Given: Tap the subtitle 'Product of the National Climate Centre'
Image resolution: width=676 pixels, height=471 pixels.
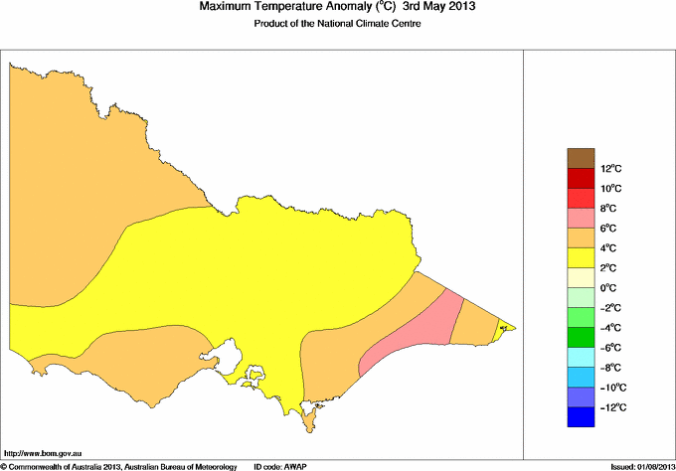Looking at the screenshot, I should [x=338, y=24].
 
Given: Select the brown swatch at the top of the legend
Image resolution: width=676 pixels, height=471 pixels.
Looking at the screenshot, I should [x=581, y=158].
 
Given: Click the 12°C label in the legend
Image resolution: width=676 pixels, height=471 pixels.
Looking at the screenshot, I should [x=611, y=169].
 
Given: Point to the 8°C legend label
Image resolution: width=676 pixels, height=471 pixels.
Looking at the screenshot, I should [x=611, y=209].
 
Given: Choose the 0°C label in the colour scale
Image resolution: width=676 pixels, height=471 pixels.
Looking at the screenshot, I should [x=611, y=288].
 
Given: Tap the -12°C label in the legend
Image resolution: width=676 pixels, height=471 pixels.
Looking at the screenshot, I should [x=610, y=407].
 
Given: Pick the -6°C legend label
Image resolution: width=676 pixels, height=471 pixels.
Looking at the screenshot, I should [x=610, y=348].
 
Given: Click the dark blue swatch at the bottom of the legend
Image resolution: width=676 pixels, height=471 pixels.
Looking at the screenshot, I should [x=581, y=417].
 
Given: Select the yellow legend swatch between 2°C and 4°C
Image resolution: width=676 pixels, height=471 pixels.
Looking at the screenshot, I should [x=581, y=258].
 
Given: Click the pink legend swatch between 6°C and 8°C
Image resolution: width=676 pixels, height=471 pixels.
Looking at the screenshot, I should [x=581, y=219].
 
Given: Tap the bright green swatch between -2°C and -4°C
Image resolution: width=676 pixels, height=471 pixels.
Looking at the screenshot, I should [x=581, y=318].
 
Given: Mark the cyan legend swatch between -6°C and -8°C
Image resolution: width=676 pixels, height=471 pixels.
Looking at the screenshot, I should [x=581, y=358].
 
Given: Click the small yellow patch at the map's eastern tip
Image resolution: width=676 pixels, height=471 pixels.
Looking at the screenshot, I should [x=504, y=326].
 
